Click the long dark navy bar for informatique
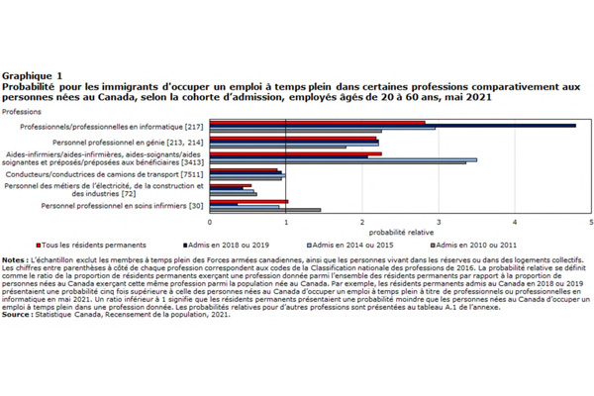[x=396, y=126]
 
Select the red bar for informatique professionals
[x=317, y=123]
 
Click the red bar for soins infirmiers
[x=248, y=201]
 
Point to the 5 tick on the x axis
[x=590, y=223]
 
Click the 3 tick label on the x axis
[x=439, y=223]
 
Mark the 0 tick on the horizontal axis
[x=210, y=223]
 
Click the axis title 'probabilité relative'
[x=400, y=232]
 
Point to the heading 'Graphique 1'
[x=33, y=75]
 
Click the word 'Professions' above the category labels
[x=22, y=112]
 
